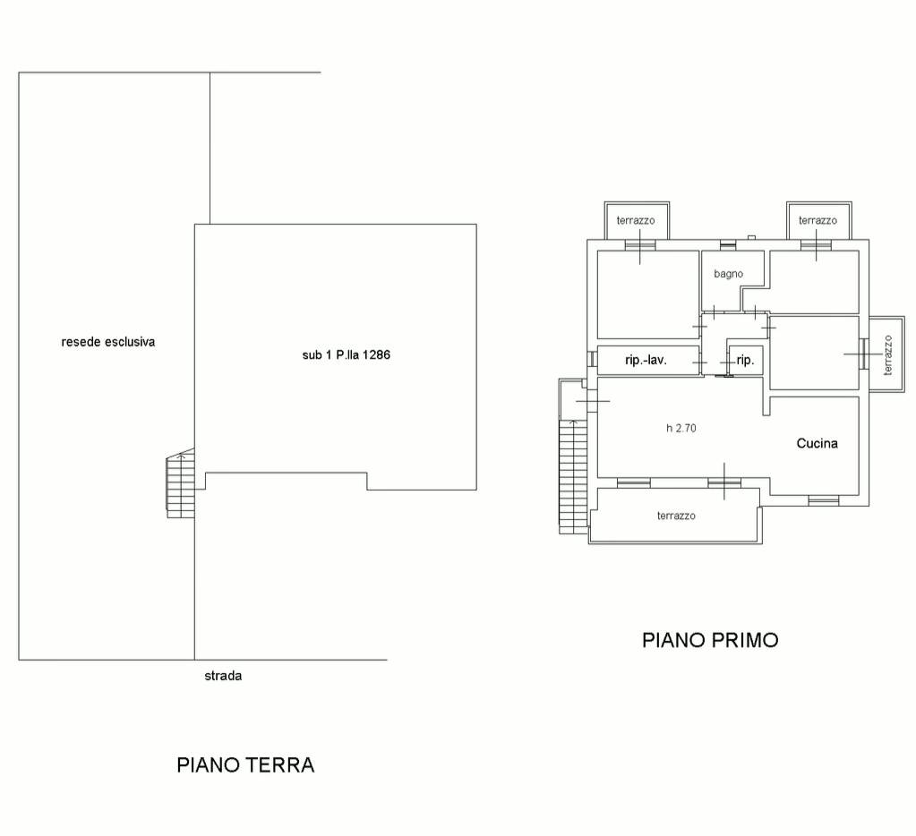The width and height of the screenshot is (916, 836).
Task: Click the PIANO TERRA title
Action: pyautogui.click(x=245, y=765)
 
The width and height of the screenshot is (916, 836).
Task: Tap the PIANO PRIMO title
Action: pyautogui.click(x=710, y=640)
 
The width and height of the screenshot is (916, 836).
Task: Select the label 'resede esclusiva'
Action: pyautogui.click(x=107, y=341)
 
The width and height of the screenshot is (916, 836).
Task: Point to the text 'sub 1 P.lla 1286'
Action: pyautogui.click(x=346, y=354)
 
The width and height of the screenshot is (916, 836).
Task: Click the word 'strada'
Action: pyautogui.click(x=223, y=676)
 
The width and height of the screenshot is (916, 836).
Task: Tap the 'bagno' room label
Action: pyautogui.click(x=728, y=274)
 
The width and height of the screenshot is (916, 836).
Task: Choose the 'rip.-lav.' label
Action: pyautogui.click(x=647, y=361)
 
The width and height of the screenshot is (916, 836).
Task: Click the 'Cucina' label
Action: pyautogui.click(x=818, y=443)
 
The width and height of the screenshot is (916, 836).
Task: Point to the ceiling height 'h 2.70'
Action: pyautogui.click(x=681, y=428)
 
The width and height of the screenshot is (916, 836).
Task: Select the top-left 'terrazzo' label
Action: pyautogui.click(x=636, y=220)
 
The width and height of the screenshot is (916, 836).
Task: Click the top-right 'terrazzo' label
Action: pyautogui.click(x=818, y=220)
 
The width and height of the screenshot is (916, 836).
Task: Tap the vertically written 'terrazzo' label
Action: pyautogui.click(x=888, y=354)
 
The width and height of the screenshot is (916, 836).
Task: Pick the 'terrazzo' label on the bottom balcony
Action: pyautogui.click(x=676, y=516)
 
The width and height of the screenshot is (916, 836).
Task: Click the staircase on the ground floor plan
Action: pyautogui.click(x=180, y=484)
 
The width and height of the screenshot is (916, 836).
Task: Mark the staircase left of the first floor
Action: pyautogui.click(x=570, y=474)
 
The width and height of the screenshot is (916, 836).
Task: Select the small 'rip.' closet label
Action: pyautogui.click(x=745, y=361)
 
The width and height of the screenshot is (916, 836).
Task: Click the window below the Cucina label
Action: pyautogui.click(x=823, y=499)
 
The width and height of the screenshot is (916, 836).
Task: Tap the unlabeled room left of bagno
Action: pyautogui.click(x=647, y=294)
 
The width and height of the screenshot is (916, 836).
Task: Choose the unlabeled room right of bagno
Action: pyautogui.click(x=814, y=281)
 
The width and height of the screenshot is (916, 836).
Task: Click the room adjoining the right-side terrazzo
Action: pyautogui.click(x=814, y=353)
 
